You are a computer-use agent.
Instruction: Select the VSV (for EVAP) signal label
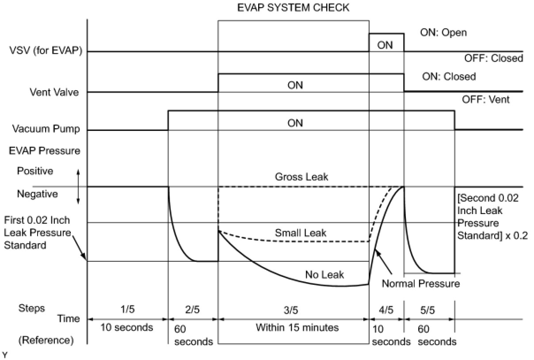click(47, 51)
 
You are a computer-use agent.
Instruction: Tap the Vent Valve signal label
click(55, 92)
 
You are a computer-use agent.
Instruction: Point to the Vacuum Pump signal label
click(46, 130)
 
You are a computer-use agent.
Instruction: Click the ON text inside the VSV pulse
click(385, 45)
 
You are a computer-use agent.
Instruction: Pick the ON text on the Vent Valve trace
click(295, 85)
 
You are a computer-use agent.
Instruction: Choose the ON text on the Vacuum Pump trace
click(295, 123)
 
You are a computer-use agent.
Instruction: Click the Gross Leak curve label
click(301, 177)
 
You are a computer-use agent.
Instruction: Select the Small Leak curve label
click(301, 233)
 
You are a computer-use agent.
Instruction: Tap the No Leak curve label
click(324, 275)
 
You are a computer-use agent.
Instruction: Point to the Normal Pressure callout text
click(420, 283)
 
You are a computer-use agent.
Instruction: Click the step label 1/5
click(127, 309)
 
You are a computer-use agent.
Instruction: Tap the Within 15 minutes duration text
click(297, 328)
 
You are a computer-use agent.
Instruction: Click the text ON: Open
click(443, 33)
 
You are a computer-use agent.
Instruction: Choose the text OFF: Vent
click(486, 100)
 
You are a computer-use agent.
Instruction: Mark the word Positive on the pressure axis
click(35, 171)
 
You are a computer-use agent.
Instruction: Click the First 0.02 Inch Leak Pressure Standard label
click(37, 232)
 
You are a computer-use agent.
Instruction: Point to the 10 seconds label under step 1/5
click(126, 328)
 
